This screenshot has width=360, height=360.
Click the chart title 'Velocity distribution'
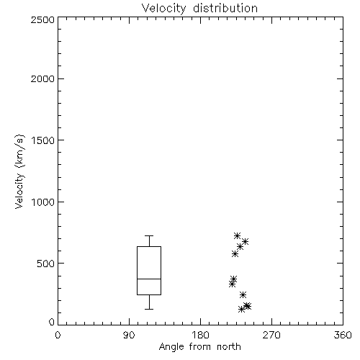click(199, 9)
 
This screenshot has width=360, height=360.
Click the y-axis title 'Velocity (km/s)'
click(19, 171)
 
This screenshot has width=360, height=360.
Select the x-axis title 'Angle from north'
click(199, 347)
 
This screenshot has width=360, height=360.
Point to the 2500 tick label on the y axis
click(42, 19)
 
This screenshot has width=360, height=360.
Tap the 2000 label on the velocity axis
click(42, 78)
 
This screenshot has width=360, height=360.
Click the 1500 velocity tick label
click(43, 140)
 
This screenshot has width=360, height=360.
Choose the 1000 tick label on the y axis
click(43, 202)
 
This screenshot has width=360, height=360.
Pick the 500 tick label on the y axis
click(46, 264)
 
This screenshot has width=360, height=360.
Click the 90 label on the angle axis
click(129, 335)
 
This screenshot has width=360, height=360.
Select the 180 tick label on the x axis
click(200, 335)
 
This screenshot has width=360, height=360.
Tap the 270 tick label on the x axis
click(271, 335)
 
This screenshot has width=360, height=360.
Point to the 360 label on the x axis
click(343, 335)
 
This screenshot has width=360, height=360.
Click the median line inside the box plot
click(149, 279)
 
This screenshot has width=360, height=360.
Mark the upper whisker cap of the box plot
click(149, 236)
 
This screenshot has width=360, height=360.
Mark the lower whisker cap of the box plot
click(149, 309)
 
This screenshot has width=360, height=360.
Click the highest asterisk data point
click(237, 235)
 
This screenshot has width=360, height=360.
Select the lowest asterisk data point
click(242, 310)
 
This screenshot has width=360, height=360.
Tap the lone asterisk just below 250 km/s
click(243, 294)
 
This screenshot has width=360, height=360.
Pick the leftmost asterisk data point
click(232, 284)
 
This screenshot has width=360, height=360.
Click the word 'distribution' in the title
click(225, 9)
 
